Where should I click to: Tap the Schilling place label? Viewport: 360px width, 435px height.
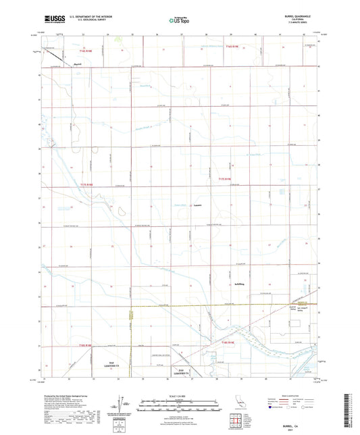[x=240, y=284]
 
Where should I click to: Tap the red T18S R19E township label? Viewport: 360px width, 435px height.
[x=229, y=344]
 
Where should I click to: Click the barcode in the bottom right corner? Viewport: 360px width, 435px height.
[x=351, y=412]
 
